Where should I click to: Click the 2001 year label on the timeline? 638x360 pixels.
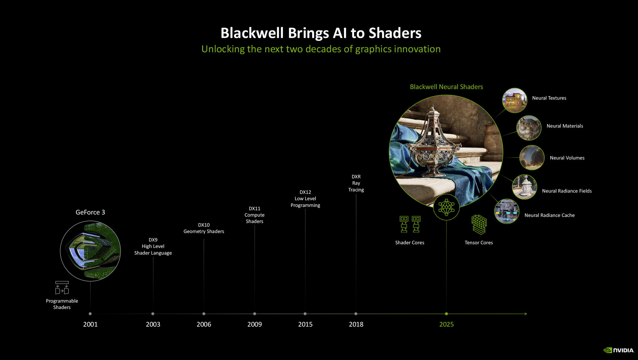coord(90,324)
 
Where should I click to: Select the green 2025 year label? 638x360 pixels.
coord(446,324)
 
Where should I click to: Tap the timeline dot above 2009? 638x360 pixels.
coord(254,314)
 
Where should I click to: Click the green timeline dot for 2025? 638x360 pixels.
coord(446,314)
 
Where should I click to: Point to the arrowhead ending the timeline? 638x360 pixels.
coord(526,314)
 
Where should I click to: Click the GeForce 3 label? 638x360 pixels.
coord(90,212)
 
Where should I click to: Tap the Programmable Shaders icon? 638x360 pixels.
coord(62,287)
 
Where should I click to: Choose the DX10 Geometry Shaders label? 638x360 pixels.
coord(204,228)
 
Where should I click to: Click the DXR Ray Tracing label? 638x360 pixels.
coord(356,183)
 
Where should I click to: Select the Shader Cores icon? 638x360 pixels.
coord(410,224)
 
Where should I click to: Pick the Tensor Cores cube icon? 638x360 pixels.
coord(479,225)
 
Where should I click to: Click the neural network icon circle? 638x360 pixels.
coord(446,207)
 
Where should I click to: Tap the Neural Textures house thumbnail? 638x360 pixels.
coord(515,101)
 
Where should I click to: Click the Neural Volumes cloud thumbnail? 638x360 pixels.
coord(532,157)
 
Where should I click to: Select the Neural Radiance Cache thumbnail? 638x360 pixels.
coord(507,211)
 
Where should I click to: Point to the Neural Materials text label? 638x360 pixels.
coord(565,126)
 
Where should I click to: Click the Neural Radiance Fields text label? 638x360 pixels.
coord(567,191)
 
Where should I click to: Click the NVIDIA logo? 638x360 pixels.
coord(619,350)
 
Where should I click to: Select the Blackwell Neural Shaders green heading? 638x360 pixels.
coord(447,87)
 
